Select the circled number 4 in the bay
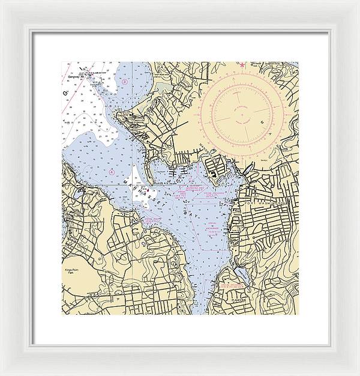coord(112,172)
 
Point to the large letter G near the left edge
coord(65,94)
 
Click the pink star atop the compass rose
coord(242,64)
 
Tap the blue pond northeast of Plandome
coord(243,274)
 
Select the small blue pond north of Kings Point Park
coord(78,191)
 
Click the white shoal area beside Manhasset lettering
coord(139,177)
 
